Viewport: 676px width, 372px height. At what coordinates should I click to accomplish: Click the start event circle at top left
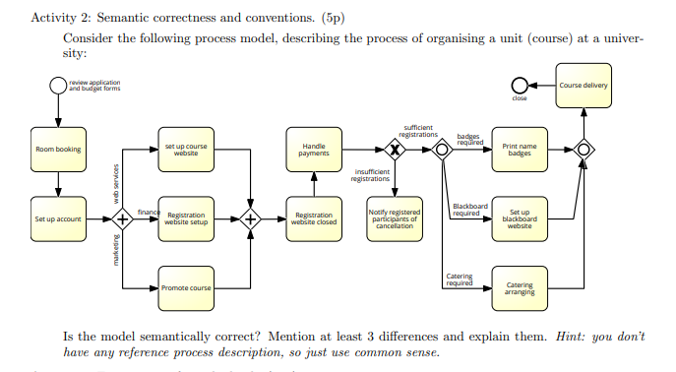pos(58,86)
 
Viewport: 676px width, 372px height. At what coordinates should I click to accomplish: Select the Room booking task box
pos(59,150)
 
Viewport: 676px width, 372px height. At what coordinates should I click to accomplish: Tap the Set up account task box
pos(59,217)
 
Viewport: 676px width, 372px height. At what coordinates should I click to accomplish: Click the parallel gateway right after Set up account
pos(122,218)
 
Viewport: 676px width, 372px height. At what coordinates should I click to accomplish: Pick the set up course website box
pos(187,150)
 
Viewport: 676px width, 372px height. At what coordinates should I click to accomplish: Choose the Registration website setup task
pos(187,217)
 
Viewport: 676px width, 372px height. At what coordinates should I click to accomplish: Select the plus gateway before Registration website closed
pos(251,218)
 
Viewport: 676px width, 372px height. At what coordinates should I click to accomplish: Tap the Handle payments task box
pos(314,150)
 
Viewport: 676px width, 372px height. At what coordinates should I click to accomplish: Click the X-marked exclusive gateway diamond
pos(396,150)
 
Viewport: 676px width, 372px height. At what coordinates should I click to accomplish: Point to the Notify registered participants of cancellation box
pos(395,217)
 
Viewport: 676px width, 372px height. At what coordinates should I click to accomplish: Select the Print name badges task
pos(520,150)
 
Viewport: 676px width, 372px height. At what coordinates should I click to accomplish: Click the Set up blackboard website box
pos(520,217)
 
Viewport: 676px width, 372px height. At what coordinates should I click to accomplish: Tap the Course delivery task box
pos(584,86)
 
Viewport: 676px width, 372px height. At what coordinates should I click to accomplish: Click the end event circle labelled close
pos(520,86)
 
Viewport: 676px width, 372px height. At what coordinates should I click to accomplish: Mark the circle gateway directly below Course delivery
pos(584,150)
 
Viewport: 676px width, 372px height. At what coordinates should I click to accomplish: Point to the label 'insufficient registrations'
pos(371,175)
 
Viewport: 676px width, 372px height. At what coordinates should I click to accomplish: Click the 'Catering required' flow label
pos(460,279)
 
